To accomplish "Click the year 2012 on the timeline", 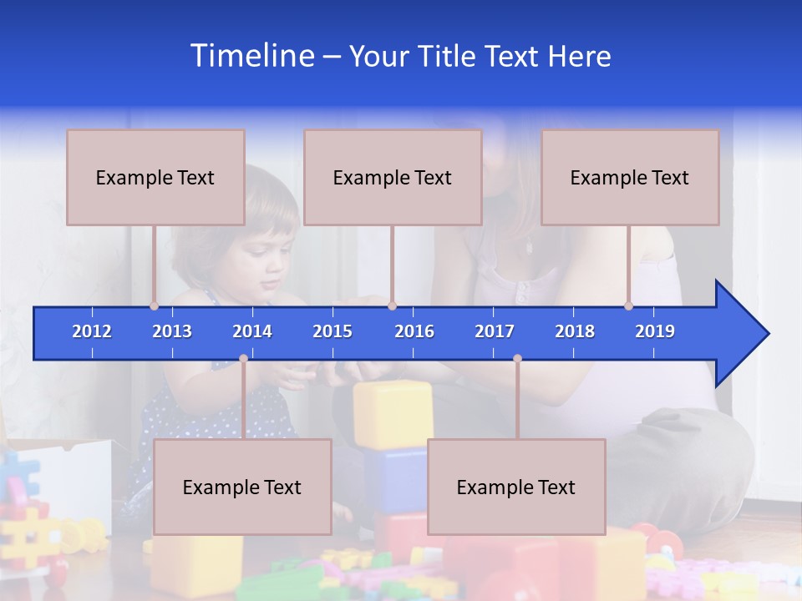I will click(92, 331).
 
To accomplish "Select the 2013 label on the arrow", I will click(172, 331).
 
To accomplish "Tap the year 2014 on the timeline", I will click(252, 331).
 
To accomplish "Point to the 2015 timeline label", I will click(332, 331).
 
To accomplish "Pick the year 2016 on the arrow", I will click(414, 331).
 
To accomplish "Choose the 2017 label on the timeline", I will click(495, 331).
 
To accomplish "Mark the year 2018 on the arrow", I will click(575, 331).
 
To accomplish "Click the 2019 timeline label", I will click(655, 331).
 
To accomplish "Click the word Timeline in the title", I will click(251, 55).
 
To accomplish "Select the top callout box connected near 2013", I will click(155, 177).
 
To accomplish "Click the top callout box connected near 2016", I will click(393, 177).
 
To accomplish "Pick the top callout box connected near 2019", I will click(630, 177).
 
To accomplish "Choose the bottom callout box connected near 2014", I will click(242, 487).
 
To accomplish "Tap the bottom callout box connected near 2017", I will click(516, 487).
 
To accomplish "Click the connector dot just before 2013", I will click(155, 306).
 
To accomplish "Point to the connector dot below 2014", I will click(243, 359).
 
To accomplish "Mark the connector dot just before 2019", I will click(629, 306).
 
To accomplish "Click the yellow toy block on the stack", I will click(393, 414).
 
